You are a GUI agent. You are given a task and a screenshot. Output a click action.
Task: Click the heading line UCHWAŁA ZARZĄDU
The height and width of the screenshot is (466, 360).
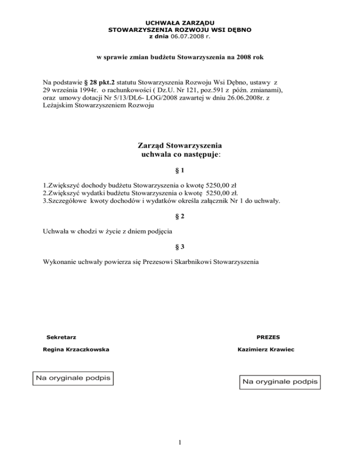pyautogui.click(x=180, y=23)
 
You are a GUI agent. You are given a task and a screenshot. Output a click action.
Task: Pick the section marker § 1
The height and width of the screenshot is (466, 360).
pyautogui.click(x=180, y=173)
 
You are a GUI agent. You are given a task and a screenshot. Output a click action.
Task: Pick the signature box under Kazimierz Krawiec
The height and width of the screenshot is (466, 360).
pyautogui.click(x=280, y=383)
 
